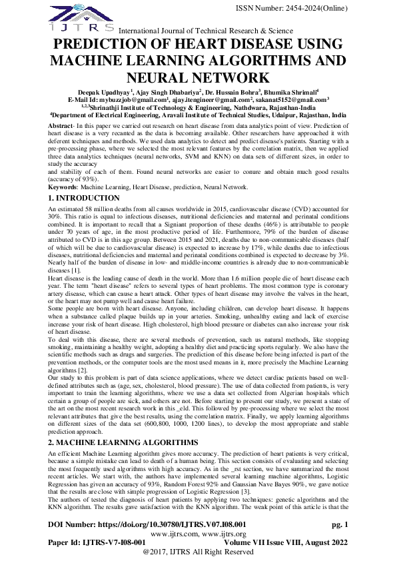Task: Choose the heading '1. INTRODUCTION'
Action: coord(85,199)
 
